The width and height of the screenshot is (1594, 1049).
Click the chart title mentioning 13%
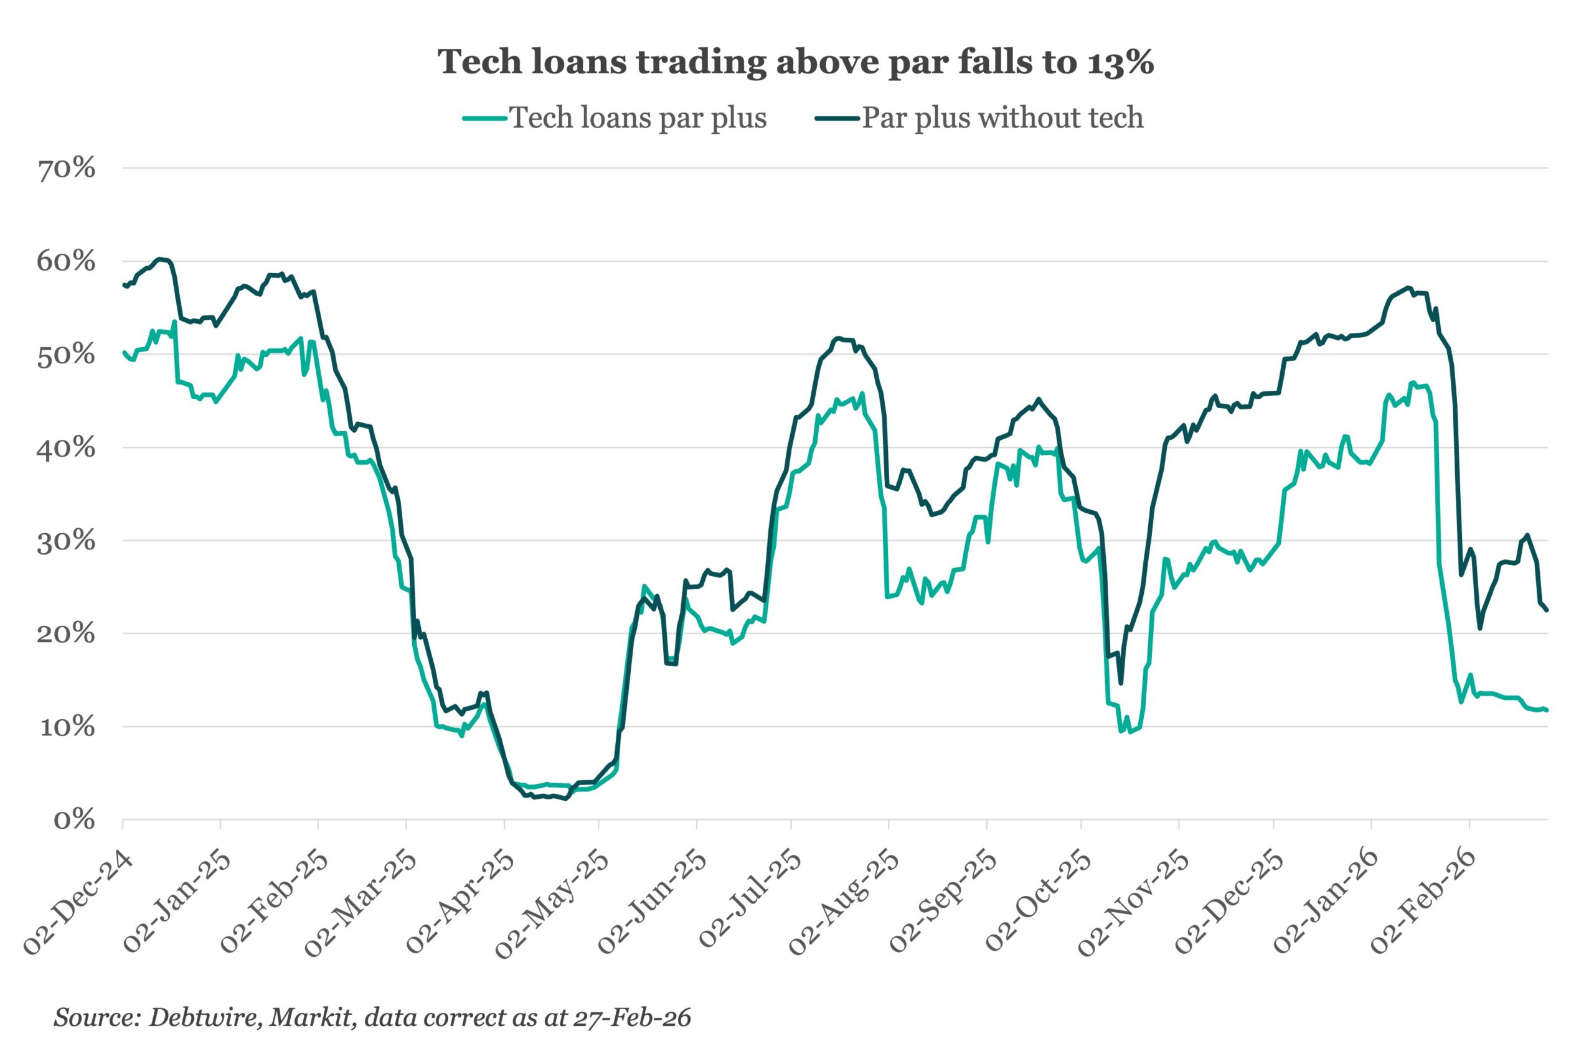point(796,62)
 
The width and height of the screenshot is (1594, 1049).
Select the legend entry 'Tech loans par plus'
point(638,118)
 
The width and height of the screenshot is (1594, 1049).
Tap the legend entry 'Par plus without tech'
point(1002,118)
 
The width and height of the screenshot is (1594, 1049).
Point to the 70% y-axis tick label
point(66,169)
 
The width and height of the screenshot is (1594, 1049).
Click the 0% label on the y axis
point(74,820)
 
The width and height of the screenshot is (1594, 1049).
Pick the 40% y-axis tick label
point(66,448)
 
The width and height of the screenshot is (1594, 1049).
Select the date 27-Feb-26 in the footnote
point(632,1017)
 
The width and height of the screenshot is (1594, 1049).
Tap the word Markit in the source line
point(312,1017)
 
